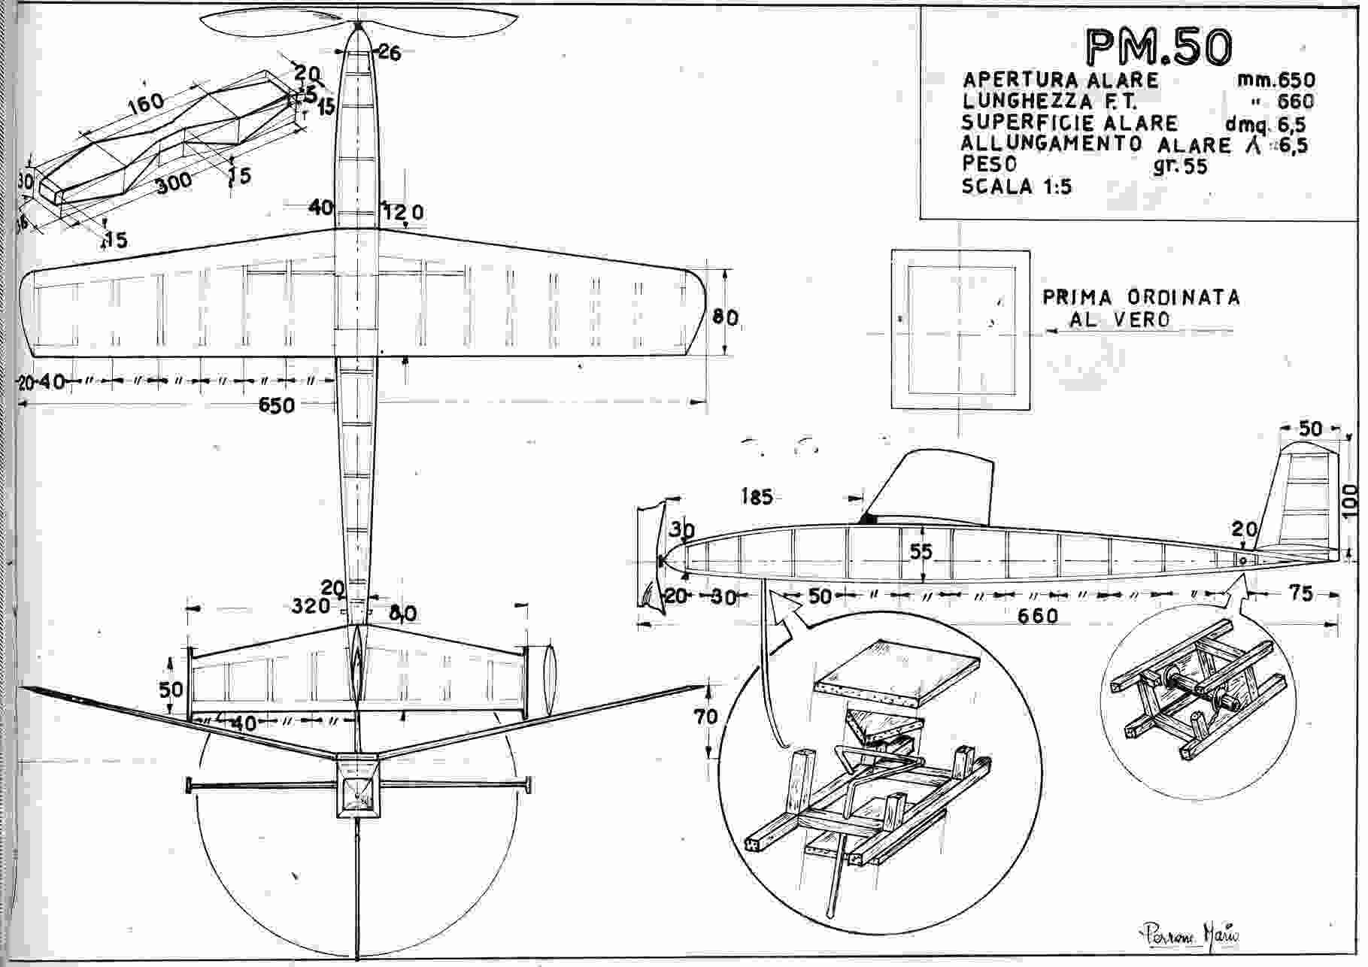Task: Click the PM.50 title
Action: [1159, 47]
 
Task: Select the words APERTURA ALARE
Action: [1060, 80]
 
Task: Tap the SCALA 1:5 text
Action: [1017, 186]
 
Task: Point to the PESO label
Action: [989, 164]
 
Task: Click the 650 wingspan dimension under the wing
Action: [276, 405]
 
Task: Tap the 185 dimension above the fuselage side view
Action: [756, 497]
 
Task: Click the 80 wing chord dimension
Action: [725, 318]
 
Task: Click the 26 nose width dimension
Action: [389, 53]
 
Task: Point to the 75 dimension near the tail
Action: [1300, 594]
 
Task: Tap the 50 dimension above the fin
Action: [1310, 429]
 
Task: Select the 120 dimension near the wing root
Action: [404, 213]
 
